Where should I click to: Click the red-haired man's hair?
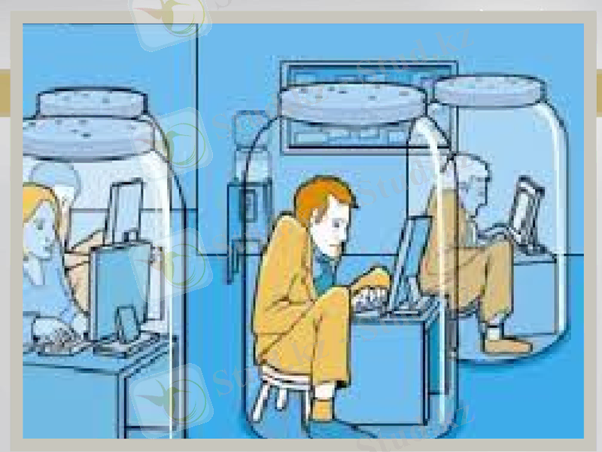pos(322,197)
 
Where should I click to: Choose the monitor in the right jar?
pos(524,203)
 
